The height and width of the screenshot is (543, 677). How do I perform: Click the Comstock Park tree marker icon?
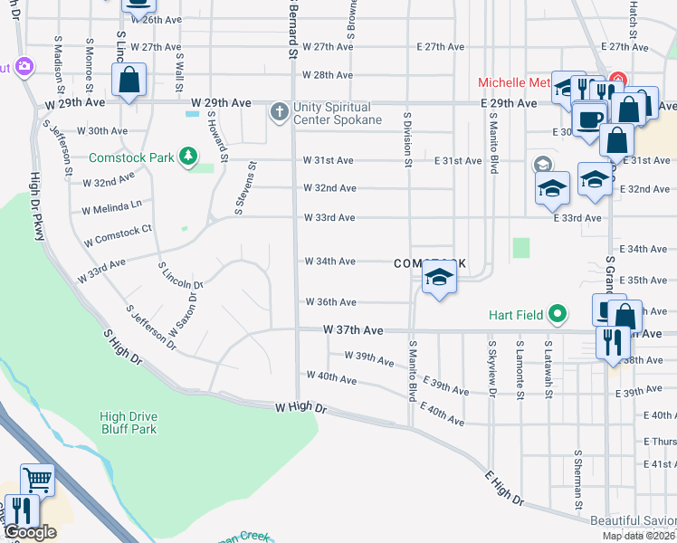(188, 157)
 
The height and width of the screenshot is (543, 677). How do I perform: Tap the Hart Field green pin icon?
(558, 315)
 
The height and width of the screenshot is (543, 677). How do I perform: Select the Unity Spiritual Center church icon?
(280, 111)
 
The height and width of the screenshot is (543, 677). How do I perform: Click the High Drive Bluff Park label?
(128, 423)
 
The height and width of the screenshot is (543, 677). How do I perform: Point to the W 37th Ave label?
(353, 332)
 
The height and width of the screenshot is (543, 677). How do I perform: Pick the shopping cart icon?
(37, 478)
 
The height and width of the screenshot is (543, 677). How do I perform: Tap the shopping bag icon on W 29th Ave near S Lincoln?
(129, 80)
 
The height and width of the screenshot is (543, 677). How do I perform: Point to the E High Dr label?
(504, 488)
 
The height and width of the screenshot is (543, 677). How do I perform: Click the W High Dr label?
(301, 410)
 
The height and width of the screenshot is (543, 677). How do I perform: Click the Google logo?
(29, 533)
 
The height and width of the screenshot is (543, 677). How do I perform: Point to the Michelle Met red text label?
(514, 82)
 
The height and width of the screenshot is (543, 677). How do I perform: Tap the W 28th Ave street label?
(327, 75)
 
